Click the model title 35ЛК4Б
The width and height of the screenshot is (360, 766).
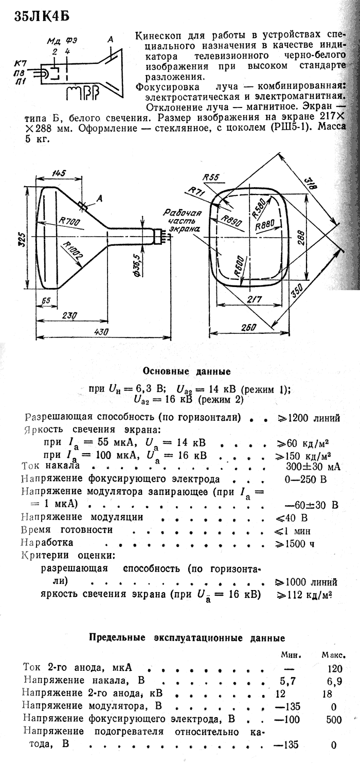[x=42, y=17]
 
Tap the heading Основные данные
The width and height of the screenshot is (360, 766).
[x=186, y=371]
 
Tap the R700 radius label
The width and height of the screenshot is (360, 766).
[x=70, y=223]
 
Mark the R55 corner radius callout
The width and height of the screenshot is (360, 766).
[x=211, y=177]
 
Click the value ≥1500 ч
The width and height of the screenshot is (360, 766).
[x=294, y=544]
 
